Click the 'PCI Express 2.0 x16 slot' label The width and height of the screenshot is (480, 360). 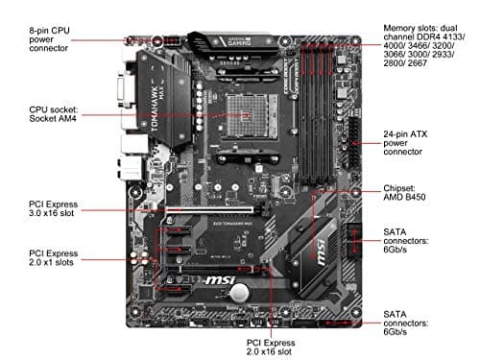273,344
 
